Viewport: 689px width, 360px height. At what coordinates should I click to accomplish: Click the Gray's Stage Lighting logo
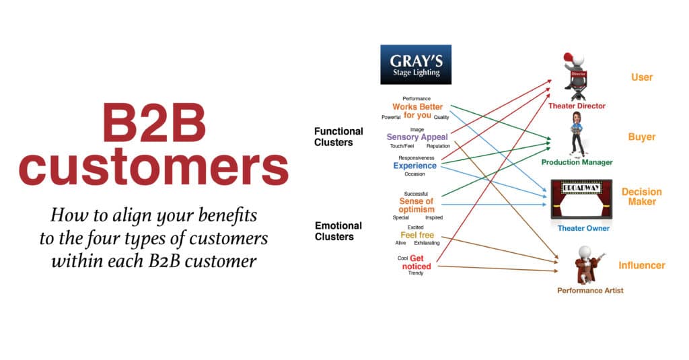point(416,65)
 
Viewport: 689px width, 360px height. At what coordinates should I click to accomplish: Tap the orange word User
point(642,77)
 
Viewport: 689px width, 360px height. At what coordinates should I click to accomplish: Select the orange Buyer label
point(641,137)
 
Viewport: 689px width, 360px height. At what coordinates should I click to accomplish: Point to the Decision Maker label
point(641,196)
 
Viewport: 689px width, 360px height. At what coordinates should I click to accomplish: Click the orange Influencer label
point(641,266)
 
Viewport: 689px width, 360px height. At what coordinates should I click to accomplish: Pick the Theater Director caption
point(577,106)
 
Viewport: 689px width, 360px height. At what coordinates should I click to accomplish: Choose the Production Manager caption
point(577,162)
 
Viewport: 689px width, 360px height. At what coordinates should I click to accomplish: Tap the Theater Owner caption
point(583,228)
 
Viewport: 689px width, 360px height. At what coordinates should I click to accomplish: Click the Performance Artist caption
point(590,291)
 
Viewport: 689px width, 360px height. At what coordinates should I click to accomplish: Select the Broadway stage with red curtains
point(581,199)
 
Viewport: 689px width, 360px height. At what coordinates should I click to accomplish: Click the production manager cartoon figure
point(577,135)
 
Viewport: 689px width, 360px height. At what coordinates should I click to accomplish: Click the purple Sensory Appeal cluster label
point(417,137)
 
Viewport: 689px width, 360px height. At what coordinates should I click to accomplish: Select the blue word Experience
point(414,166)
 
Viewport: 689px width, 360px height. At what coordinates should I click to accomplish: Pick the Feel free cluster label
point(417,235)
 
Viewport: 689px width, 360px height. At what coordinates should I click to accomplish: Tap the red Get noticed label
point(416,262)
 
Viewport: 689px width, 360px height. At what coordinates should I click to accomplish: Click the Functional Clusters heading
point(338,137)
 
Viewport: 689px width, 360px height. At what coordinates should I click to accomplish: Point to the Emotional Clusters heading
point(338,231)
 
